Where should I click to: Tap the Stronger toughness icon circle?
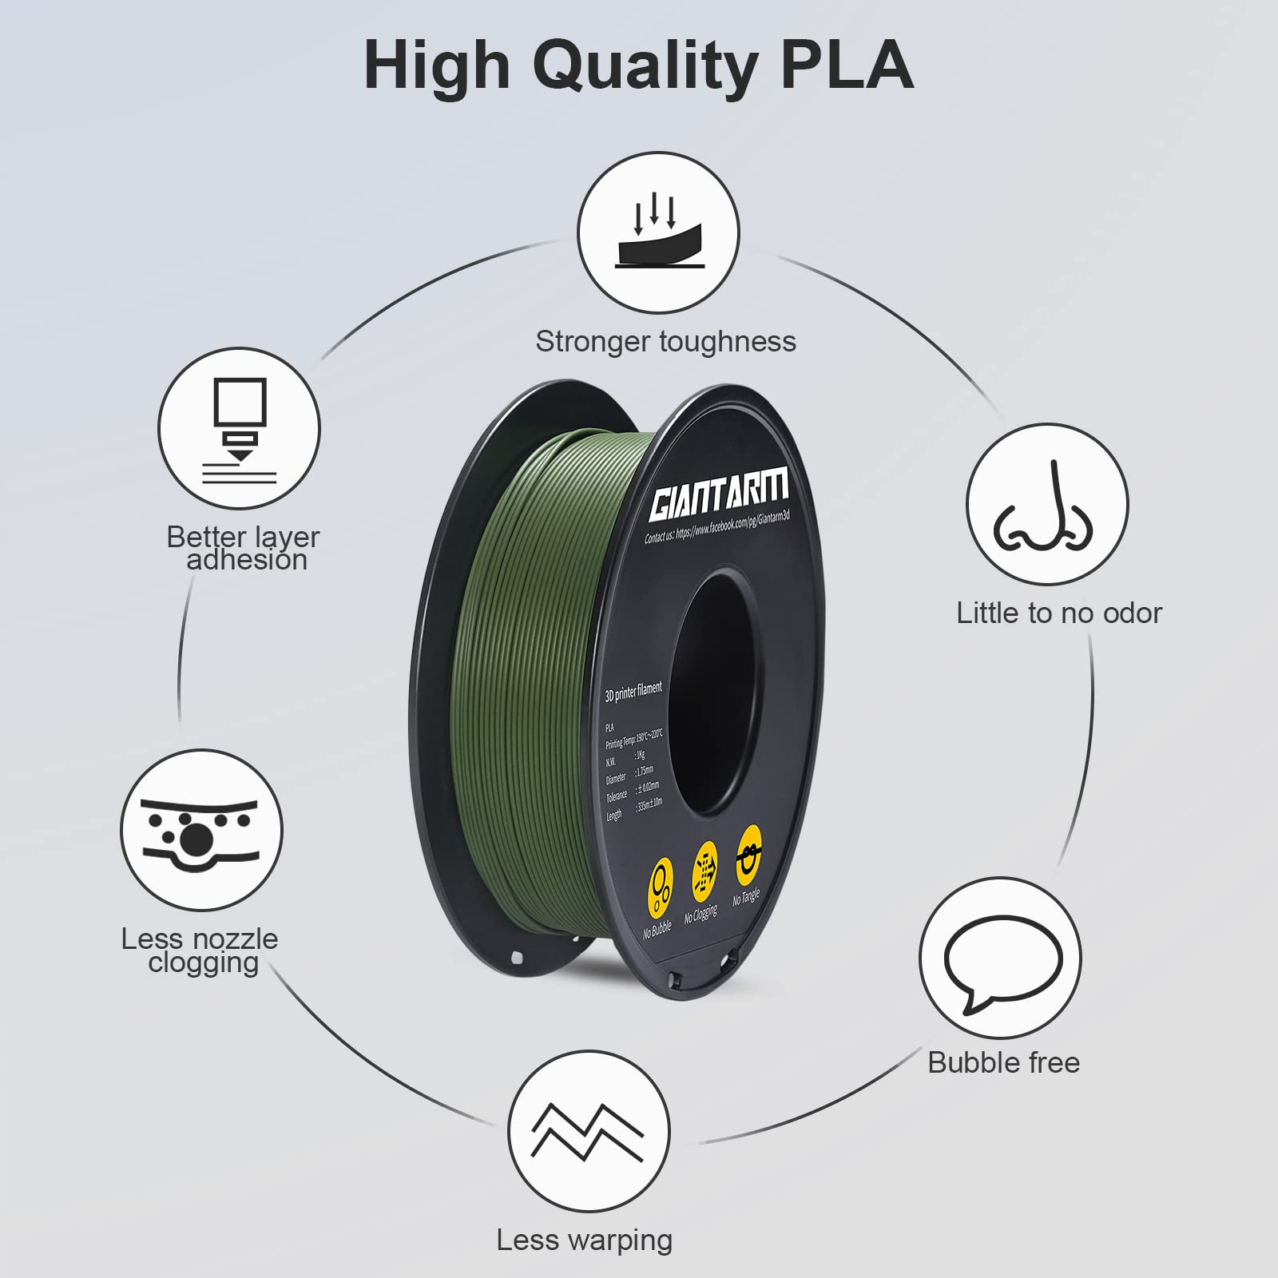659,233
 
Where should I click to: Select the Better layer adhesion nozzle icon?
240,429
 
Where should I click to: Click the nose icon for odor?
1046,505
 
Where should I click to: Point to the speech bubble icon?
1000,958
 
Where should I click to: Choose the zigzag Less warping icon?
588,1131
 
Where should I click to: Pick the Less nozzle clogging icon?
201,831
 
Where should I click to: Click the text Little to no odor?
1059,613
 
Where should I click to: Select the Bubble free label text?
1003,1063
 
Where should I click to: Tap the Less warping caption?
585,1240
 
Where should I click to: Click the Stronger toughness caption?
665,342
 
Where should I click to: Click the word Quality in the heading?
645,65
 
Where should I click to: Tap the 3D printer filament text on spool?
633,692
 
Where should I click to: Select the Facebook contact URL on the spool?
717,526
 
